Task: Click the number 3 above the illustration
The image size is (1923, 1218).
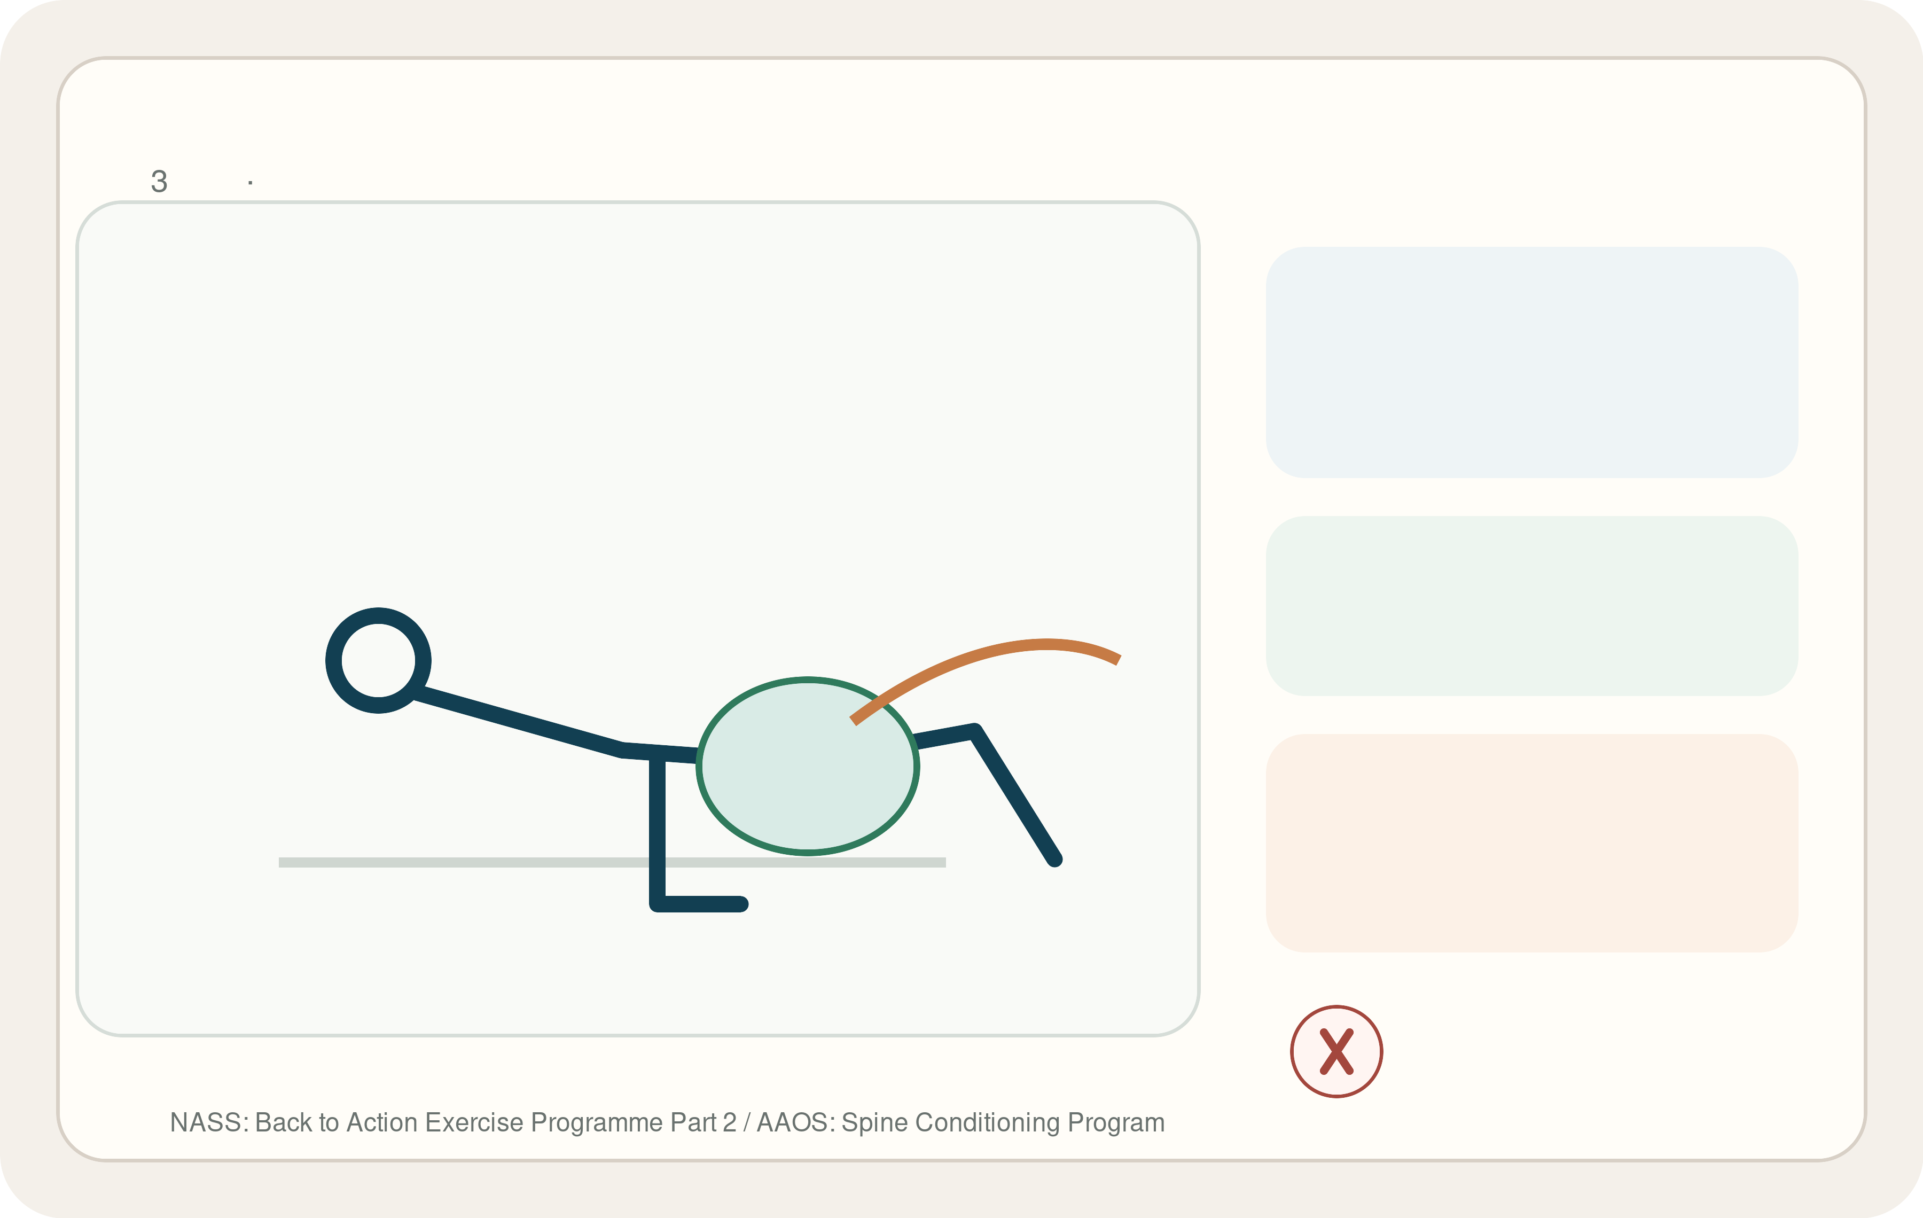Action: click(x=159, y=181)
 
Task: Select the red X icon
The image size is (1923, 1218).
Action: click(x=1337, y=1051)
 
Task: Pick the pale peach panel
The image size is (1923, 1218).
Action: click(x=1531, y=842)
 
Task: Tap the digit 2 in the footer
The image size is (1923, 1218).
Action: click(x=729, y=1122)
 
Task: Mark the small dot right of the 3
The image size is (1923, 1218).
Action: click(x=250, y=183)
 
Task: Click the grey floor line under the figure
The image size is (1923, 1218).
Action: click(x=612, y=862)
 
